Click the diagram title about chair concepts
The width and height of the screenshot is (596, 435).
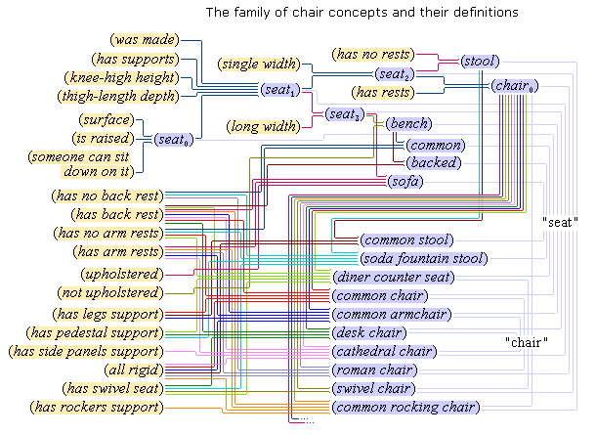[362, 14]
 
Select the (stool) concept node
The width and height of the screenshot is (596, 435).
[480, 61]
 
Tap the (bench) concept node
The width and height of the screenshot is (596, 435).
[408, 124]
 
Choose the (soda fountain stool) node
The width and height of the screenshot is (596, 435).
[422, 259]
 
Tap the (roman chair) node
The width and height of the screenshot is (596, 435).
[374, 370]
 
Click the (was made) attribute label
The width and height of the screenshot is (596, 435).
[146, 40]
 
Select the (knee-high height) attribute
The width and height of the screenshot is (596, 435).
[120, 77]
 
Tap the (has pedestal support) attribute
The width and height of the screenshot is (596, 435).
[98, 332]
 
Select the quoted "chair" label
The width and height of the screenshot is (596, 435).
[526, 343]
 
